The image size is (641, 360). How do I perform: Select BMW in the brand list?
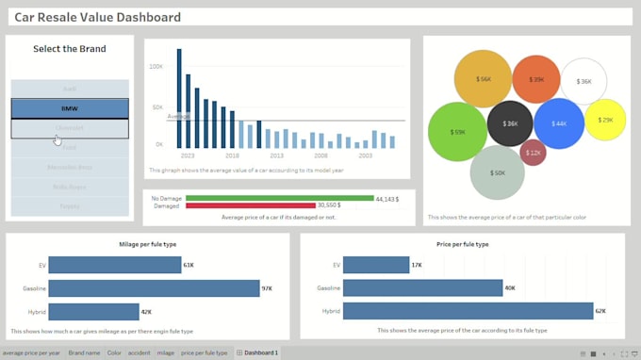(x=70, y=108)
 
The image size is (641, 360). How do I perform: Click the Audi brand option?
(x=70, y=89)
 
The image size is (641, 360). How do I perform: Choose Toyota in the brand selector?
(x=70, y=205)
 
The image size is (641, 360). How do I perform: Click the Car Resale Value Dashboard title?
(x=98, y=17)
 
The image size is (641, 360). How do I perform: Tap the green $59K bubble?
(x=457, y=132)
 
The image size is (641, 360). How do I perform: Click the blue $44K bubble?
(x=559, y=123)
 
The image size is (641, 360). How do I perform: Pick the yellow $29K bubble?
(x=605, y=120)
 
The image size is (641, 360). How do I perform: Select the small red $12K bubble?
(x=534, y=152)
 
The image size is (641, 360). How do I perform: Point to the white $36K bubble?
(x=583, y=82)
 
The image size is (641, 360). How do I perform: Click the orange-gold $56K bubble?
(x=483, y=79)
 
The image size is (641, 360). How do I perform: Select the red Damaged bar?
(x=250, y=205)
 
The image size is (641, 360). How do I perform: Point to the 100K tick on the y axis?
(x=156, y=67)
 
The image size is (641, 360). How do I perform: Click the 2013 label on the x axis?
(x=276, y=155)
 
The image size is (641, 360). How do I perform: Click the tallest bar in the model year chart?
(x=179, y=98)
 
